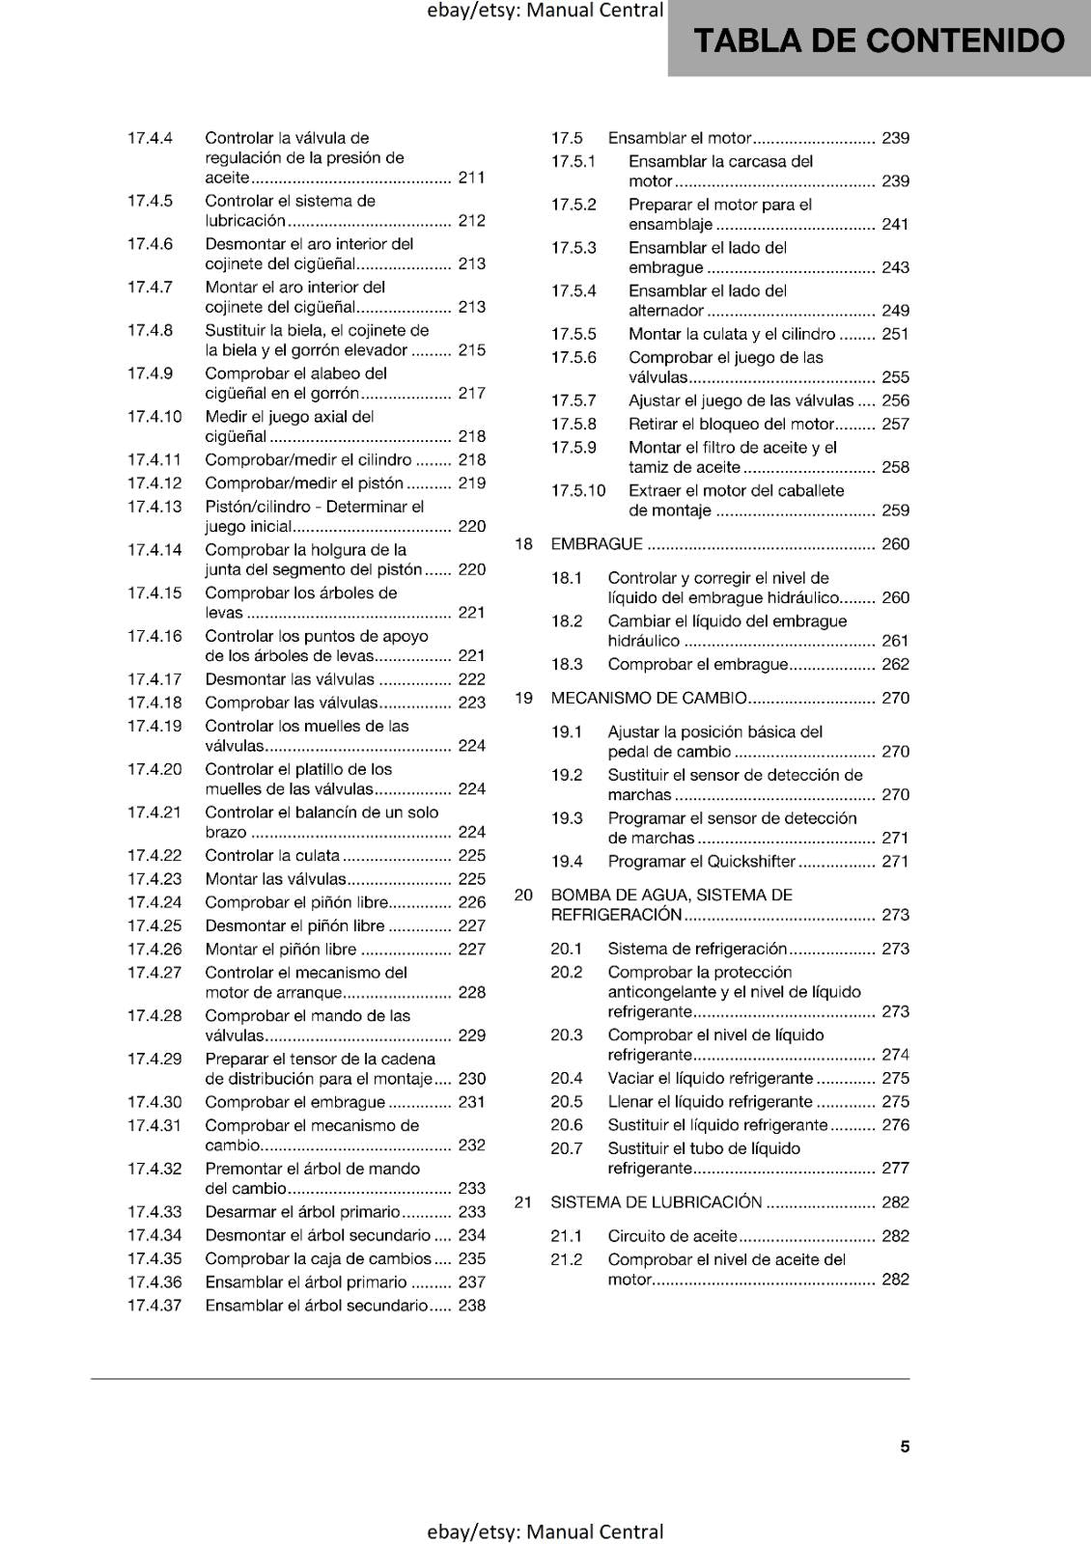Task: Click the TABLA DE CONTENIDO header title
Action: click(879, 41)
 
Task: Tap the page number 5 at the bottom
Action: click(905, 1446)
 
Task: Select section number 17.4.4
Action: click(150, 138)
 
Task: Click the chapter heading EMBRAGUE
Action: click(596, 544)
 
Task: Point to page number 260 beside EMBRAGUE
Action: click(895, 544)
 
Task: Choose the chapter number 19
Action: click(523, 698)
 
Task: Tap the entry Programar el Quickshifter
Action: click(701, 862)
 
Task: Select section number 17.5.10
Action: click(578, 490)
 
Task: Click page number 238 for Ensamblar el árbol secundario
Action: click(471, 1306)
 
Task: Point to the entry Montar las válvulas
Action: click(275, 879)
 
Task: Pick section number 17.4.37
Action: click(154, 1306)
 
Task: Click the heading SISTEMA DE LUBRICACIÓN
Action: click(656, 1202)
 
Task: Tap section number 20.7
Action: click(567, 1148)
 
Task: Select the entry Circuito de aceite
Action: click(672, 1236)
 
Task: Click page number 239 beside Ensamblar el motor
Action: click(895, 138)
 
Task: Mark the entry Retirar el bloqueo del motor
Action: click(731, 424)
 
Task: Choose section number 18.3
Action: click(567, 664)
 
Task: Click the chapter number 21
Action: click(523, 1202)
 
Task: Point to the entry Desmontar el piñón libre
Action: click(294, 925)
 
